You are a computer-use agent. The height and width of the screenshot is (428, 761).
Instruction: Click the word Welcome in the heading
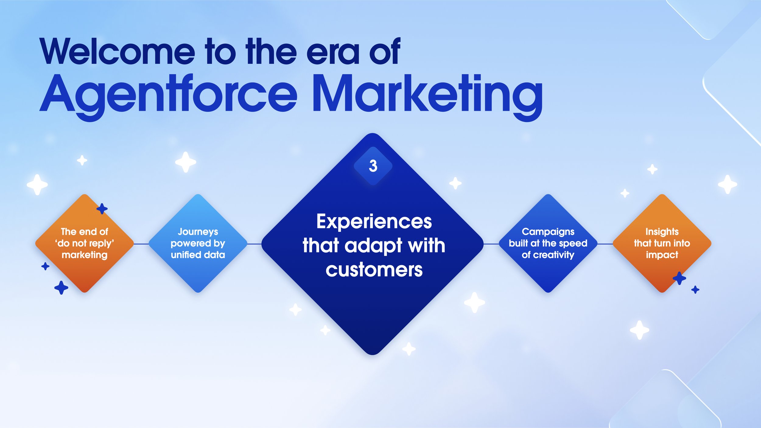[x=117, y=52]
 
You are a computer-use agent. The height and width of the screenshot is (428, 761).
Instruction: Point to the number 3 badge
[x=373, y=166]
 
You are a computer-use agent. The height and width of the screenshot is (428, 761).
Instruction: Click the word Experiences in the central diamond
[x=374, y=221]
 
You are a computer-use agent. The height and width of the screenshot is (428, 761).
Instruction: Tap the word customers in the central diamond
[x=374, y=270]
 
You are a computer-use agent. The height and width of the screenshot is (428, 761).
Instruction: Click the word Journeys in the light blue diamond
[x=198, y=232]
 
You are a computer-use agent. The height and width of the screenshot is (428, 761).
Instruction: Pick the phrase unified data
[x=198, y=255]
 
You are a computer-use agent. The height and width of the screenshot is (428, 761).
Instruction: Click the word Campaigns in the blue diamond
[x=548, y=232]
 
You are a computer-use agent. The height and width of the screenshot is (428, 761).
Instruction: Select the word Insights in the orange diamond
[x=662, y=232]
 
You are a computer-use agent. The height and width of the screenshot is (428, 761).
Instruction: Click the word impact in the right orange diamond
[x=662, y=255]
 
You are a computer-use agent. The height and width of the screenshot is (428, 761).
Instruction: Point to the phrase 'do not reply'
[x=84, y=243]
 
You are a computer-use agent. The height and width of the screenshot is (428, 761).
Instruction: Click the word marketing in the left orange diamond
[x=84, y=255]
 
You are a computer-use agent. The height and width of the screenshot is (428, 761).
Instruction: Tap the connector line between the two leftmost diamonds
[x=141, y=244]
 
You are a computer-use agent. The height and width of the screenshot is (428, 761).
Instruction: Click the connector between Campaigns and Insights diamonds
[x=605, y=244]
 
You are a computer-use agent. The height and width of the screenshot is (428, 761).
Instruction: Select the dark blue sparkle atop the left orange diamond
[x=102, y=209]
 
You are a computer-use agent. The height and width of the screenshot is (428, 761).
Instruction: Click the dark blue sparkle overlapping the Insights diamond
[x=679, y=278]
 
